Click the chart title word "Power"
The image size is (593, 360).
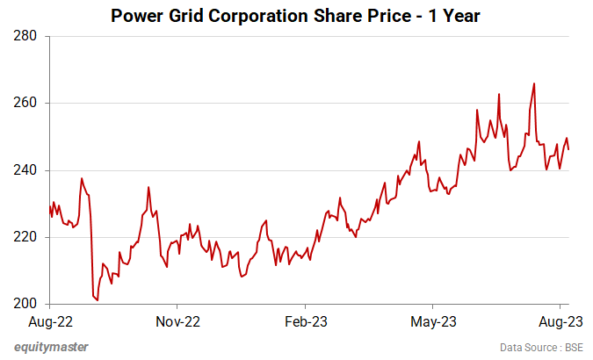click(x=135, y=16)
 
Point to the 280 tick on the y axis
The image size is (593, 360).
click(x=25, y=37)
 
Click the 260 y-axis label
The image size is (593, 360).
click(x=25, y=104)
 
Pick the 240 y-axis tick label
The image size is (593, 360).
click(x=25, y=170)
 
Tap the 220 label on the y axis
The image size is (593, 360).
click(x=25, y=237)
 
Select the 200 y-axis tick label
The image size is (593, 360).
click(x=25, y=304)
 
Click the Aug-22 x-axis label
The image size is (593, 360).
click(x=49, y=321)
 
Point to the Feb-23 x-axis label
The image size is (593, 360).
click(x=307, y=321)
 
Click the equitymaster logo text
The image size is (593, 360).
click(x=51, y=346)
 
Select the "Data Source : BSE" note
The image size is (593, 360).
click(x=541, y=347)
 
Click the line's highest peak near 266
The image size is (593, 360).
click(x=534, y=83)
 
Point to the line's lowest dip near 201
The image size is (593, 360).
click(x=97, y=300)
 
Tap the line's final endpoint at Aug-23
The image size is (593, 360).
click(x=568, y=149)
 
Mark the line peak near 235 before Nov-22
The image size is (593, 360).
click(x=148, y=187)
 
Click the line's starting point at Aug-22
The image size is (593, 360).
click(x=50, y=206)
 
